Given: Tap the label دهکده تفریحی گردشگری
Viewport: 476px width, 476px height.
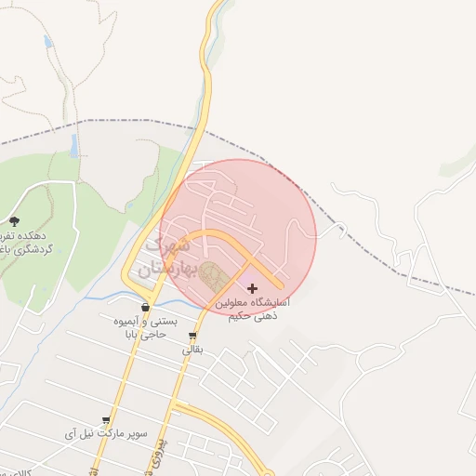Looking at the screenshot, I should (24, 243).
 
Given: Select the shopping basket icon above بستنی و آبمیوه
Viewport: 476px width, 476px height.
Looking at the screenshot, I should (145, 308).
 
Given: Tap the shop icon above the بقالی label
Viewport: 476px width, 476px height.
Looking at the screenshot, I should (192, 336).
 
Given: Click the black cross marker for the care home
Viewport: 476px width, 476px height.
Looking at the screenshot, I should (251, 289).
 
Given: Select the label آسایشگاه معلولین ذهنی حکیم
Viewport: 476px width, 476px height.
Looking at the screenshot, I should (252, 310).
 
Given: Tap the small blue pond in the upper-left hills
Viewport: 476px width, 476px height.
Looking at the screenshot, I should (47, 42).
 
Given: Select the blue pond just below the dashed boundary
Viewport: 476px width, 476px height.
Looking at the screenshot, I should (73, 145).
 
